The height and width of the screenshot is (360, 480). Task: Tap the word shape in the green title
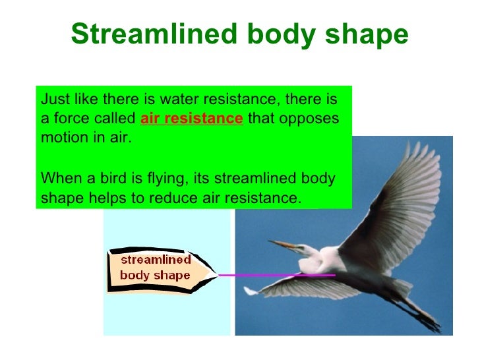[370, 35]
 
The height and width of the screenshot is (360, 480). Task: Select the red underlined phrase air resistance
[192, 119]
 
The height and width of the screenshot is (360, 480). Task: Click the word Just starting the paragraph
[53, 100]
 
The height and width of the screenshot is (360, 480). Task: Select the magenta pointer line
[277, 274]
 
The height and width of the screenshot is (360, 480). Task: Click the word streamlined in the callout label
[155, 260]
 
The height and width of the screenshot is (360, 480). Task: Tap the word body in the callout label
[135, 276]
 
